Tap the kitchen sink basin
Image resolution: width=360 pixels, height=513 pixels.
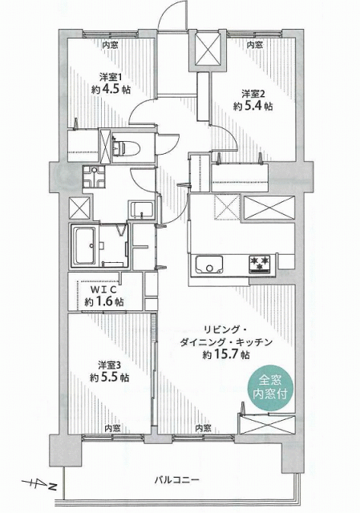(209, 265)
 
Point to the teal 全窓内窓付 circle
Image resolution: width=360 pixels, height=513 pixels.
(269, 388)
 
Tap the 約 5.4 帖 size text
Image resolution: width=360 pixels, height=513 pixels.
(253, 106)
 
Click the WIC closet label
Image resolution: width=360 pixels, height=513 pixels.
(103, 289)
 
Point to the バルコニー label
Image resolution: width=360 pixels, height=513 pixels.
(176, 480)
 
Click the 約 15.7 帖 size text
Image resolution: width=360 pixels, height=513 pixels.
(226, 354)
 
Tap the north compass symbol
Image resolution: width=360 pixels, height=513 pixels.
(39, 483)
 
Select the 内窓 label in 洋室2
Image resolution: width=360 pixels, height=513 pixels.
(255, 45)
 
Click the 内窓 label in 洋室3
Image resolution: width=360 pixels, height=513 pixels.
(112, 428)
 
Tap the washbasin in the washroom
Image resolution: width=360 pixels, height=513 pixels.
(142, 209)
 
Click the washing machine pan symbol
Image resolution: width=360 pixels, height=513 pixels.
(94, 177)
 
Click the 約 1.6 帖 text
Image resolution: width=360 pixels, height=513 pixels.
(104, 302)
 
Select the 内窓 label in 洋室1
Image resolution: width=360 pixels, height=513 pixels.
(111, 46)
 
